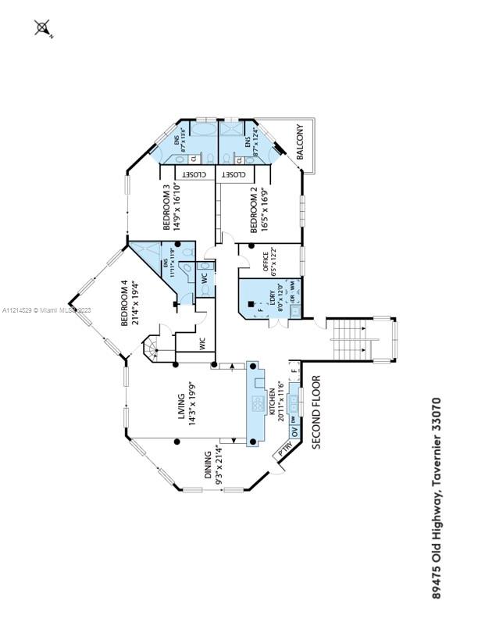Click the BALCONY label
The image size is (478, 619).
tap(298, 141)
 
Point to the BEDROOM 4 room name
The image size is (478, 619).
tap(124, 305)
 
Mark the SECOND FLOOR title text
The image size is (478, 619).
tap(317, 412)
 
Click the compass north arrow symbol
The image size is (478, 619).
tap(43, 30)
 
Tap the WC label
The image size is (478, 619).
tap(203, 277)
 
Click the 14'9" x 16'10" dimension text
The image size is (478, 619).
tap(177, 206)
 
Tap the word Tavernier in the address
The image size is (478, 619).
tap(437, 461)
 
